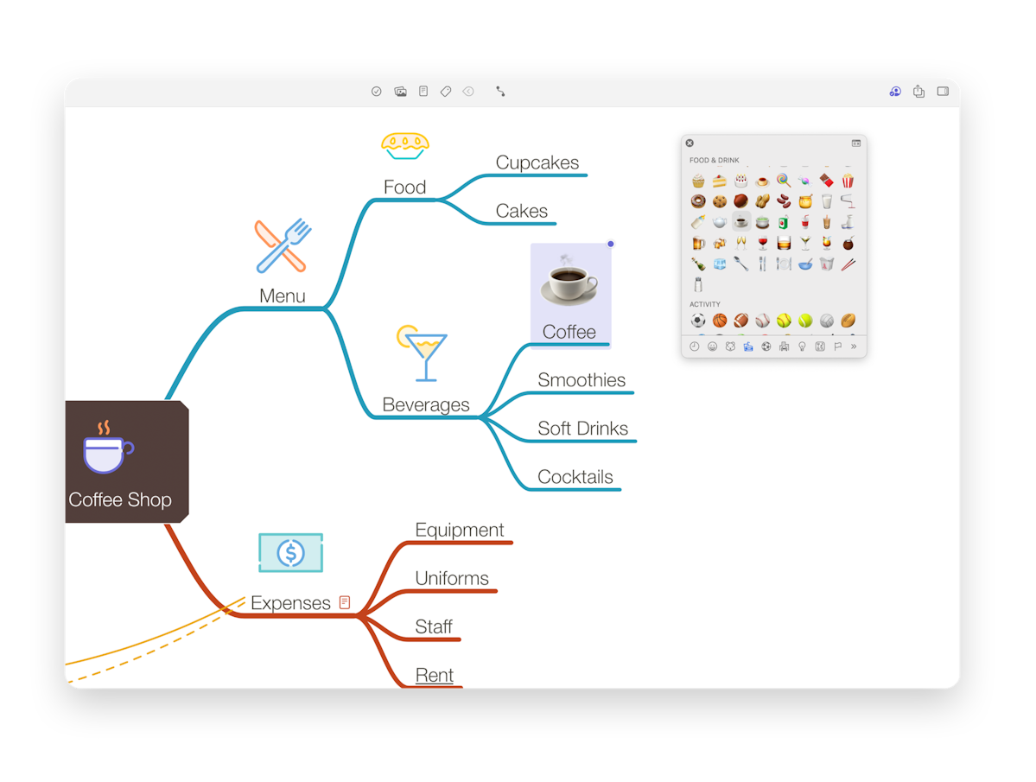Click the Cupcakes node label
[x=537, y=162]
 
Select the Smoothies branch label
[x=582, y=380]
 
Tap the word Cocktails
[x=575, y=477]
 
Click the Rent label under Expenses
[x=434, y=675]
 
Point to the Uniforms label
[x=452, y=578]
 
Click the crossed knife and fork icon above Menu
[x=283, y=245]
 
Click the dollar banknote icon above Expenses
[x=290, y=553]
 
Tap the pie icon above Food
[x=405, y=146]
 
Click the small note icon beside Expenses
[x=345, y=602]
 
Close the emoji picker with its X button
[x=690, y=143]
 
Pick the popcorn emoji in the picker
[x=848, y=181]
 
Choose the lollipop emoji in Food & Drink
[x=783, y=181]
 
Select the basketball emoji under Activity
[x=720, y=321]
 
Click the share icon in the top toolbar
[x=918, y=91]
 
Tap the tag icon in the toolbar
[x=446, y=91]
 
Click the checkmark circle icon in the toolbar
[x=377, y=91]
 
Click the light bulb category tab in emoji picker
[x=802, y=346]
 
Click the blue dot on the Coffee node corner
[x=611, y=244]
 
